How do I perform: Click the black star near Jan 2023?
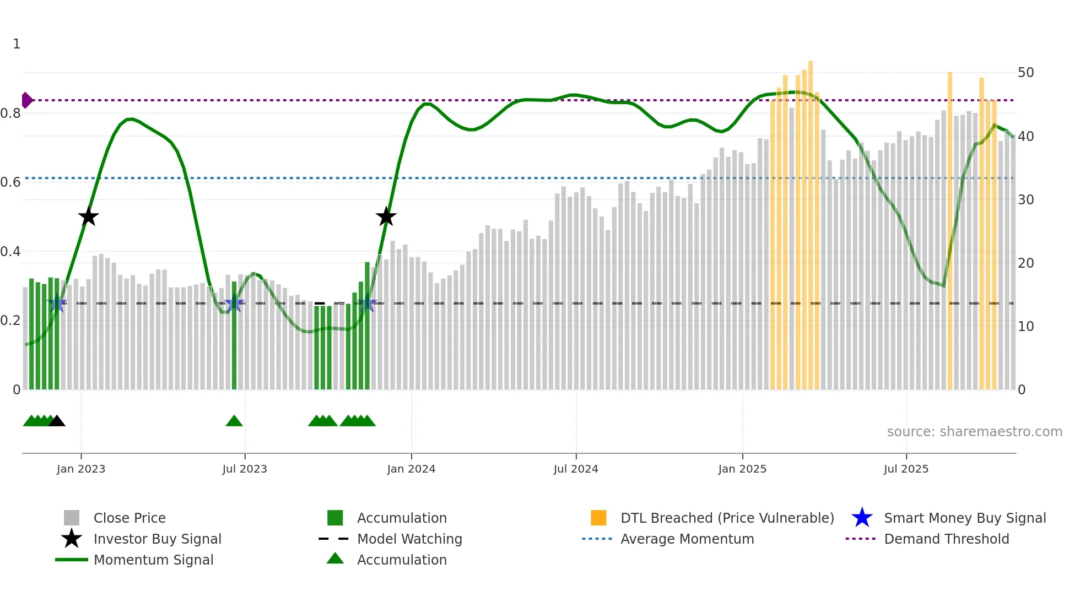click(x=88, y=217)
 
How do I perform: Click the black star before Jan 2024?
click(x=386, y=217)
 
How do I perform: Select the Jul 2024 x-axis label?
click(x=576, y=469)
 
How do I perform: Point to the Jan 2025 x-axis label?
click(x=742, y=469)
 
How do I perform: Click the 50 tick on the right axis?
click(x=1025, y=73)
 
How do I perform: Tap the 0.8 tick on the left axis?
click(x=11, y=113)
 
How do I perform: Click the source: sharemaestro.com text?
click(x=974, y=432)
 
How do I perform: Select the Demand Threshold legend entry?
click(x=946, y=539)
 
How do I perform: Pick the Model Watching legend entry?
click(x=409, y=539)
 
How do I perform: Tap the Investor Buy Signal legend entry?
click(x=157, y=539)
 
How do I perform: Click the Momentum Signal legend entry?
click(x=153, y=560)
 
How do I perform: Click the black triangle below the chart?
click(x=57, y=421)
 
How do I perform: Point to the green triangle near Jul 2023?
click(x=234, y=421)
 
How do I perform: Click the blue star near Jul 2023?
click(x=234, y=303)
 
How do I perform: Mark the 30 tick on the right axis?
click(x=1025, y=199)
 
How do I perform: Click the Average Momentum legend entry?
click(x=687, y=539)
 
